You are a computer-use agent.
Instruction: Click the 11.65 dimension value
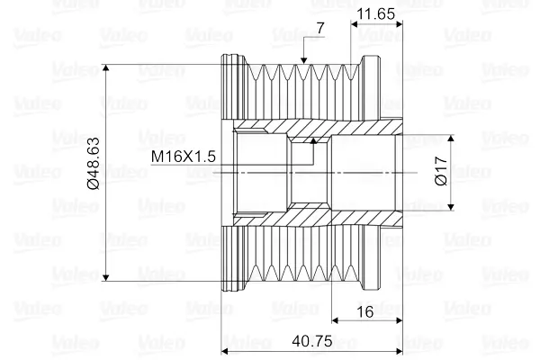[x=375, y=14]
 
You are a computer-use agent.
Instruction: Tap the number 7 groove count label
[x=320, y=28]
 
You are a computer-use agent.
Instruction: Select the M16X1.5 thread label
[x=184, y=157]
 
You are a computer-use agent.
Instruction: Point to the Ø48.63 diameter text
[x=94, y=163]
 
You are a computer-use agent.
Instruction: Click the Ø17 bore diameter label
[x=441, y=171]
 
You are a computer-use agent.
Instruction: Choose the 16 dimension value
[x=365, y=312]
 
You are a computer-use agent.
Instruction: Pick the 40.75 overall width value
[x=312, y=341]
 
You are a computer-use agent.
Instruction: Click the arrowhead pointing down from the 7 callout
[x=303, y=60]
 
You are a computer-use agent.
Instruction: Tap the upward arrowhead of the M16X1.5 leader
[x=313, y=140]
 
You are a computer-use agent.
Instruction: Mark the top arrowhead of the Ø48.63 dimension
[x=106, y=67]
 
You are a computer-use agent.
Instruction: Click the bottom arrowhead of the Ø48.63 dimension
[x=106, y=277]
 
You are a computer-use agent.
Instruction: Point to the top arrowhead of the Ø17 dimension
[x=451, y=138]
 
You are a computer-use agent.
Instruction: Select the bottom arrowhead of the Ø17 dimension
[x=451, y=207]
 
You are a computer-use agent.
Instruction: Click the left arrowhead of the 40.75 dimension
[x=225, y=351]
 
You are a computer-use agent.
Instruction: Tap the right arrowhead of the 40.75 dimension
[x=399, y=351]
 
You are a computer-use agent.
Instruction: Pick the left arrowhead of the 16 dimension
[x=335, y=320]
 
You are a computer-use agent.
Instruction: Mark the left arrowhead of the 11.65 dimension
[x=355, y=24]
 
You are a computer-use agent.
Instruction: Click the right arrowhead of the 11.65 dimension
[x=399, y=24]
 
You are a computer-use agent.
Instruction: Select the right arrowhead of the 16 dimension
[x=399, y=320]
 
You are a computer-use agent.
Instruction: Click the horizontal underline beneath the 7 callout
[x=314, y=36]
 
